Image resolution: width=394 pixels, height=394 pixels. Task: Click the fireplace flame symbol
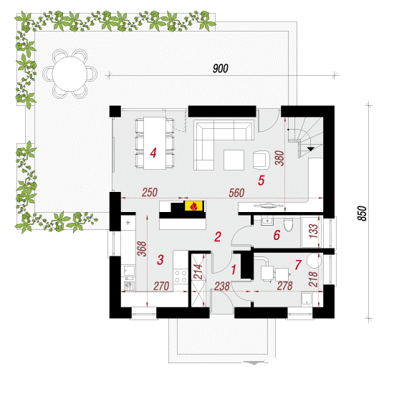click(193, 206)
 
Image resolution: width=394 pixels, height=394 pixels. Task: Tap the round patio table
click(69, 74)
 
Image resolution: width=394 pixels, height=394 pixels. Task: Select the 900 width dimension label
click(221, 68)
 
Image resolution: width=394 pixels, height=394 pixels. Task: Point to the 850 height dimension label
click(362, 213)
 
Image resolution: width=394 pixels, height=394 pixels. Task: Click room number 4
click(153, 153)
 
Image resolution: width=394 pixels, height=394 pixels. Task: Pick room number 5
click(261, 181)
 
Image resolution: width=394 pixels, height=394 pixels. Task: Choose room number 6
click(277, 235)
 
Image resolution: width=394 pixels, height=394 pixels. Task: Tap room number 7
click(298, 264)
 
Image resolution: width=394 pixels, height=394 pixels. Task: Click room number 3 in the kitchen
click(160, 259)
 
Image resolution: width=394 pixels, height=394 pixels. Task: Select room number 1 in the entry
click(234, 269)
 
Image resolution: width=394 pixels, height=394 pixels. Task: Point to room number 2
click(218, 236)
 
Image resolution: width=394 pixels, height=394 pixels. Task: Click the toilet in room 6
click(288, 224)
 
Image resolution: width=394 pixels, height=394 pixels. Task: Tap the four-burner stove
click(181, 276)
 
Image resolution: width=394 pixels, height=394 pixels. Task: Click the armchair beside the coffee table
click(261, 160)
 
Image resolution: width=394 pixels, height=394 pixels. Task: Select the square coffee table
click(234, 160)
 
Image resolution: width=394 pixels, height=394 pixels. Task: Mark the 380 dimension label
click(279, 158)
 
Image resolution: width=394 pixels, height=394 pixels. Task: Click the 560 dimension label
click(236, 193)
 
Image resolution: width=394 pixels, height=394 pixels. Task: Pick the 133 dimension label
click(313, 231)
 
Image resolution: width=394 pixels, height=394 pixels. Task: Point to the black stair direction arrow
click(311, 149)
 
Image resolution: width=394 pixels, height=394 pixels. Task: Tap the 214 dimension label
click(198, 272)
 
